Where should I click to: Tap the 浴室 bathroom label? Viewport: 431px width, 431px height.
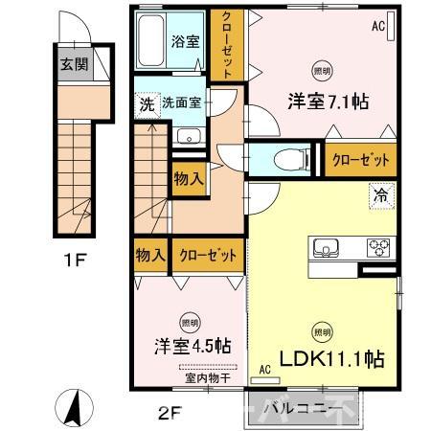pos(185,41)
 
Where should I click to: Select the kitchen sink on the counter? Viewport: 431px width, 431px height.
pos(324,246)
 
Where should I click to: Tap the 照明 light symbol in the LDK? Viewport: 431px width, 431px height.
pos(323,332)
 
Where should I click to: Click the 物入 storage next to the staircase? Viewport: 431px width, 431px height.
pos(188,177)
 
